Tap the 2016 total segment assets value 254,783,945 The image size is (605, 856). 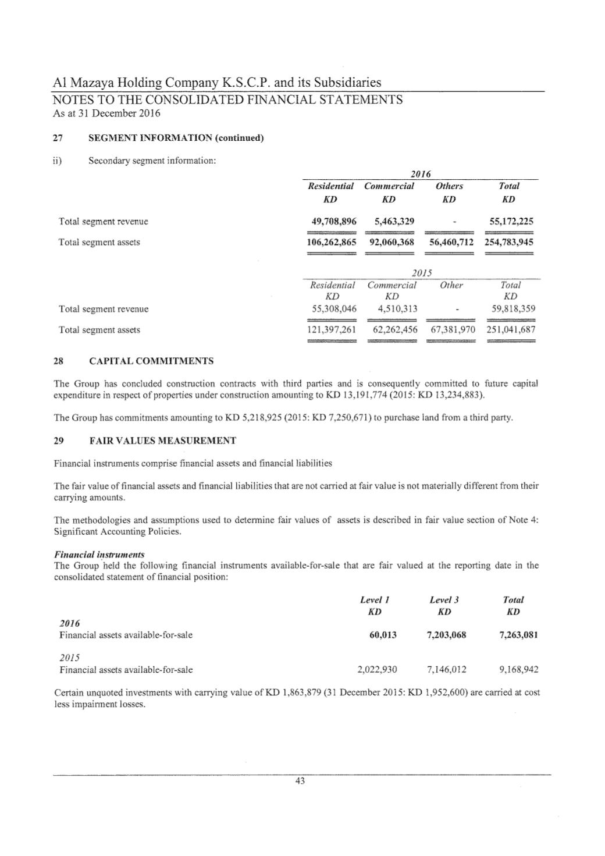point(509,242)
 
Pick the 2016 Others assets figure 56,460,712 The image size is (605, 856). point(451,242)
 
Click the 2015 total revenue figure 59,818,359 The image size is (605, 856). point(511,309)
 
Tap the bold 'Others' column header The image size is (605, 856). point(449,186)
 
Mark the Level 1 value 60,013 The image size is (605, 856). point(383,635)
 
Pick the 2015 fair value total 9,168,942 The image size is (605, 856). point(519,670)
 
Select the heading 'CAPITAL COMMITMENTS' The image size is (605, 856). point(151,361)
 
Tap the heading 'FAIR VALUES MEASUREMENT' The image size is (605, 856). point(162,441)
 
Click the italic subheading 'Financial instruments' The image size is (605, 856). point(99,555)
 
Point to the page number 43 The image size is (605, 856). point(300,782)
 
